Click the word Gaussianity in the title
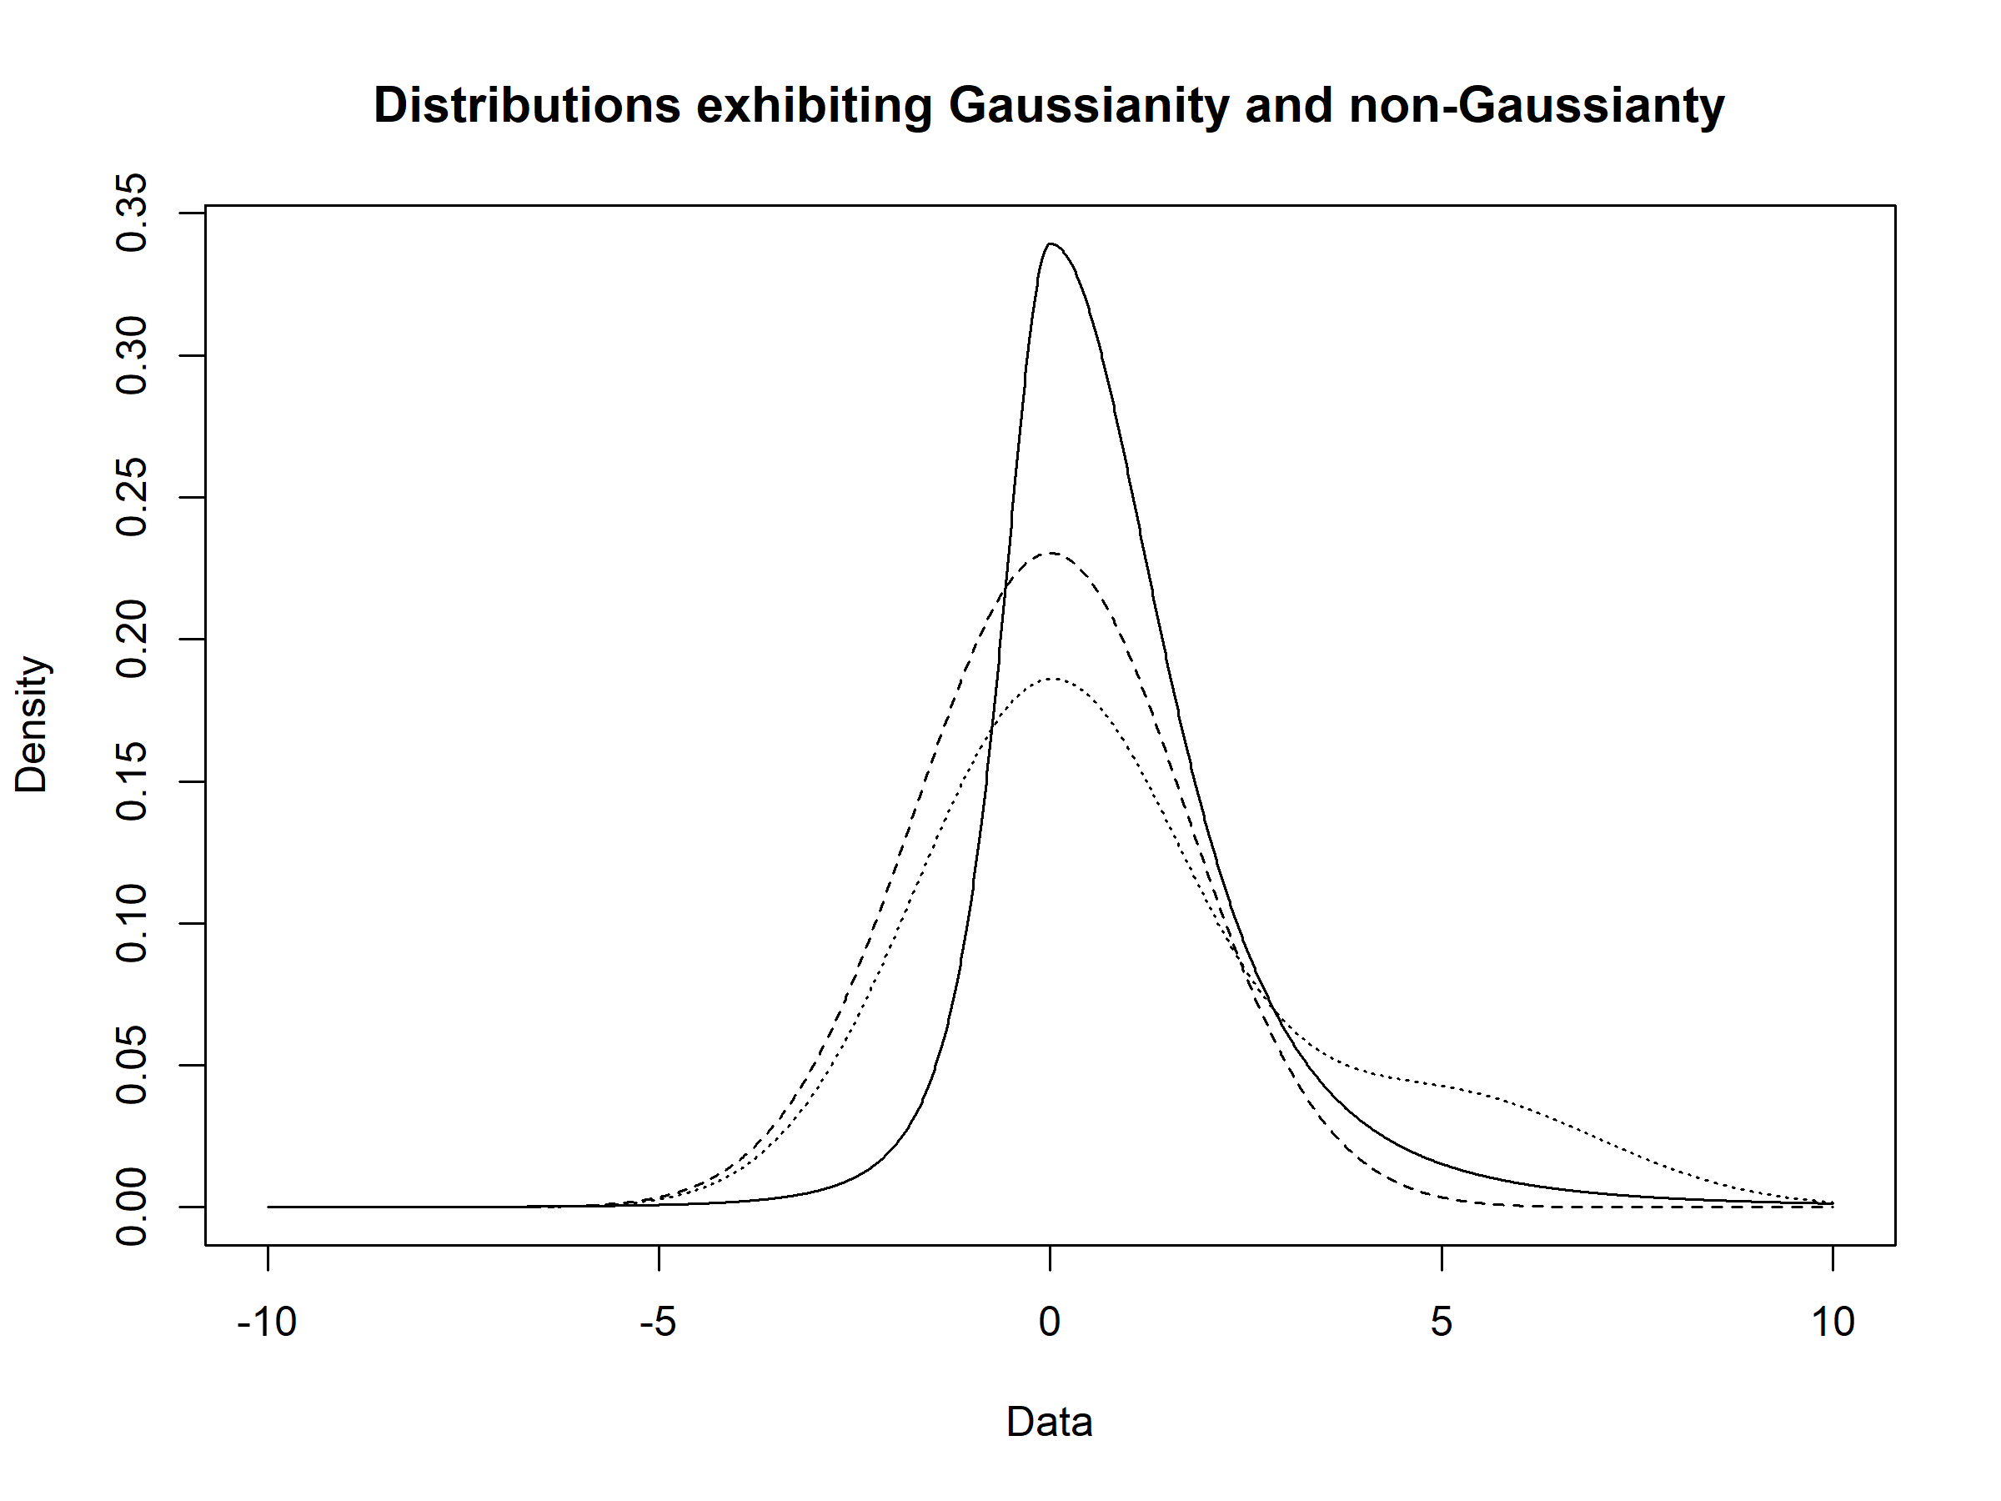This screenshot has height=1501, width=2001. click(1088, 107)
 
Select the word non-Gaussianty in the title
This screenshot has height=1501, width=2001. click(1536, 107)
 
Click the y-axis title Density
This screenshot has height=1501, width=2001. click(32, 725)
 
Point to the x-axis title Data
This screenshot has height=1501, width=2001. click(1050, 1423)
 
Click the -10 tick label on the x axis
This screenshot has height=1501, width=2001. click(267, 1323)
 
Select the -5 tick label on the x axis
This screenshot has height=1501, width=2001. click(658, 1323)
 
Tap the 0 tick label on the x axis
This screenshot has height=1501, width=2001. click(1050, 1323)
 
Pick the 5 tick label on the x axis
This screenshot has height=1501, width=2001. click(1441, 1323)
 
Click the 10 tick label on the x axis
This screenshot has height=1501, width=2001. click(1833, 1323)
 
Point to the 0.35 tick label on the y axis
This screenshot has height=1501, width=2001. click(133, 213)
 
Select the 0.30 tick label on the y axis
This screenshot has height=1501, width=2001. click(133, 355)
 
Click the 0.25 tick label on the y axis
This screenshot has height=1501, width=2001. click(133, 498)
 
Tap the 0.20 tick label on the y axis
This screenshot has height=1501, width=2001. click(133, 640)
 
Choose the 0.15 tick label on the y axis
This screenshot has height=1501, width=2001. click(133, 781)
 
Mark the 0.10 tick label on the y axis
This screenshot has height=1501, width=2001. click(133, 924)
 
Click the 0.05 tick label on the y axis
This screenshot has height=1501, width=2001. click(133, 1066)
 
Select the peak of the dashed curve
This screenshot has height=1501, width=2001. click(1052, 553)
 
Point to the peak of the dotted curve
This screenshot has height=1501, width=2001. click(1054, 678)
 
